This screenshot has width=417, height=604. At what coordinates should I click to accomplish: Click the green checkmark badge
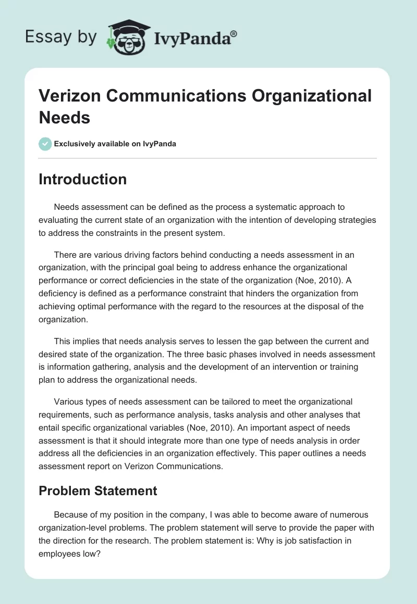(x=45, y=144)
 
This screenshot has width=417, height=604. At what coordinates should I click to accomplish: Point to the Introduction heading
(x=83, y=179)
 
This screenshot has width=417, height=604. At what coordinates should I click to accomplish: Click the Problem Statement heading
(x=98, y=490)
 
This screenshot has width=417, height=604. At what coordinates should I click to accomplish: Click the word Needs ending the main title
(x=65, y=117)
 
